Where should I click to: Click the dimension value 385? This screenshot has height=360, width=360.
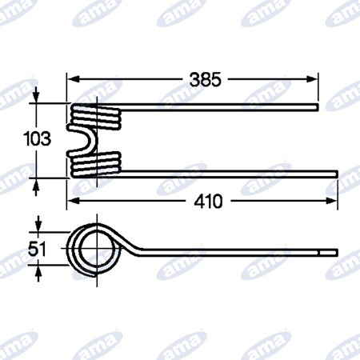coord(206,79)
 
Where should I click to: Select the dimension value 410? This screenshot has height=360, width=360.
coord(208,202)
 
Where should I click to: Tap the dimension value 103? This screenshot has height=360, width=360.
coord(37,138)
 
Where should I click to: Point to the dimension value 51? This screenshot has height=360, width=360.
coord(37,249)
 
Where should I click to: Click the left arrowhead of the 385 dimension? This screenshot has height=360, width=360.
coord(73,79)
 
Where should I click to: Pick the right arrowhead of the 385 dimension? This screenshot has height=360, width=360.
coord(312,79)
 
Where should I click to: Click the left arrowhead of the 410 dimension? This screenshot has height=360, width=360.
coord(73,201)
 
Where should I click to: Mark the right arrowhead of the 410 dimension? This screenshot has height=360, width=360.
coord(332,201)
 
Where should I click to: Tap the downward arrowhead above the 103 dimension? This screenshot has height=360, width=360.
coord(36,97)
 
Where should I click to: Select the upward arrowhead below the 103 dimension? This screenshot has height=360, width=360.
coord(36,184)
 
